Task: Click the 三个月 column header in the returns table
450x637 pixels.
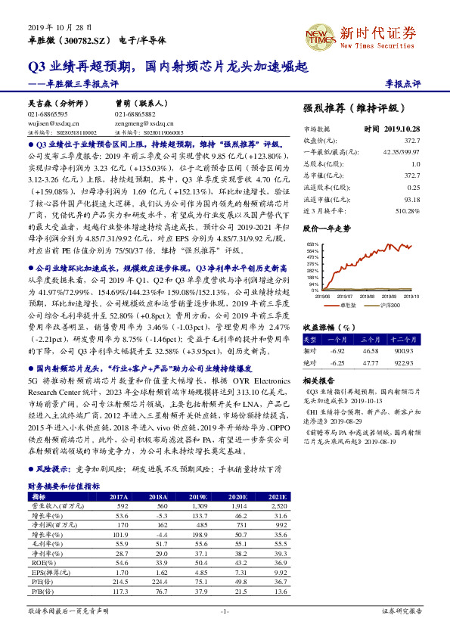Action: pyautogui.click(x=371, y=340)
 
